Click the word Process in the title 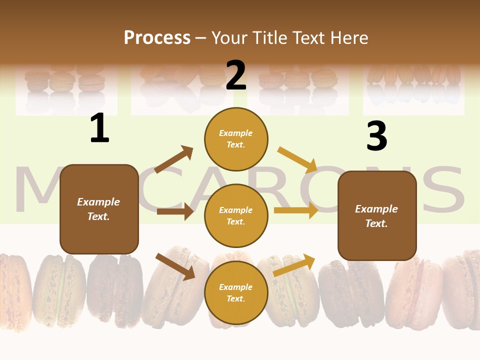(157, 38)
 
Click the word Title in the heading (269, 38)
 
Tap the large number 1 (99, 128)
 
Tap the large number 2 (236, 75)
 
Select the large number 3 (376, 136)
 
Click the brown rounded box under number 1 (99, 209)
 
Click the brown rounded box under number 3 (377, 216)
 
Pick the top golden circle (236, 139)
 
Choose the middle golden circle (236, 215)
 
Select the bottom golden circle (236, 292)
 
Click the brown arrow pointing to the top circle (174, 159)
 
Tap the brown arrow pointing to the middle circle (175, 211)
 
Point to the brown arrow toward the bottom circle (175, 266)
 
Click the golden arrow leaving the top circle (297, 159)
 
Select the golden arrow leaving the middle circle (296, 210)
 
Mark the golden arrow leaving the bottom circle (294, 265)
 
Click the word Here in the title (348, 38)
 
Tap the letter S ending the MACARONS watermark (442, 190)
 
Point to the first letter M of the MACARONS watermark (37, 190)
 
